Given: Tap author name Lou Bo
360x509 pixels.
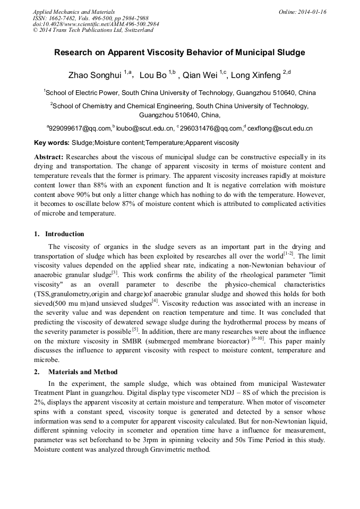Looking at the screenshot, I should click(x=152, y=75).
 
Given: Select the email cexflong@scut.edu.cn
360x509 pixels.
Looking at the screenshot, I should click(x=280, y=128).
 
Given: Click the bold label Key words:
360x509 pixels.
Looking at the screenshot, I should click(x=52, y=143).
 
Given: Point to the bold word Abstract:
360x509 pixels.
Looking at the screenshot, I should click(x=49, y=157).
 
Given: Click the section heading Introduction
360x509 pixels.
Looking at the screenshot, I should click(x=64, y=234).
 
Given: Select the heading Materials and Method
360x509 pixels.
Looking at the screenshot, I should click(x=83, y=372).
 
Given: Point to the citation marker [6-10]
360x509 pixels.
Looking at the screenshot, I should click(x=257, y=338).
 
